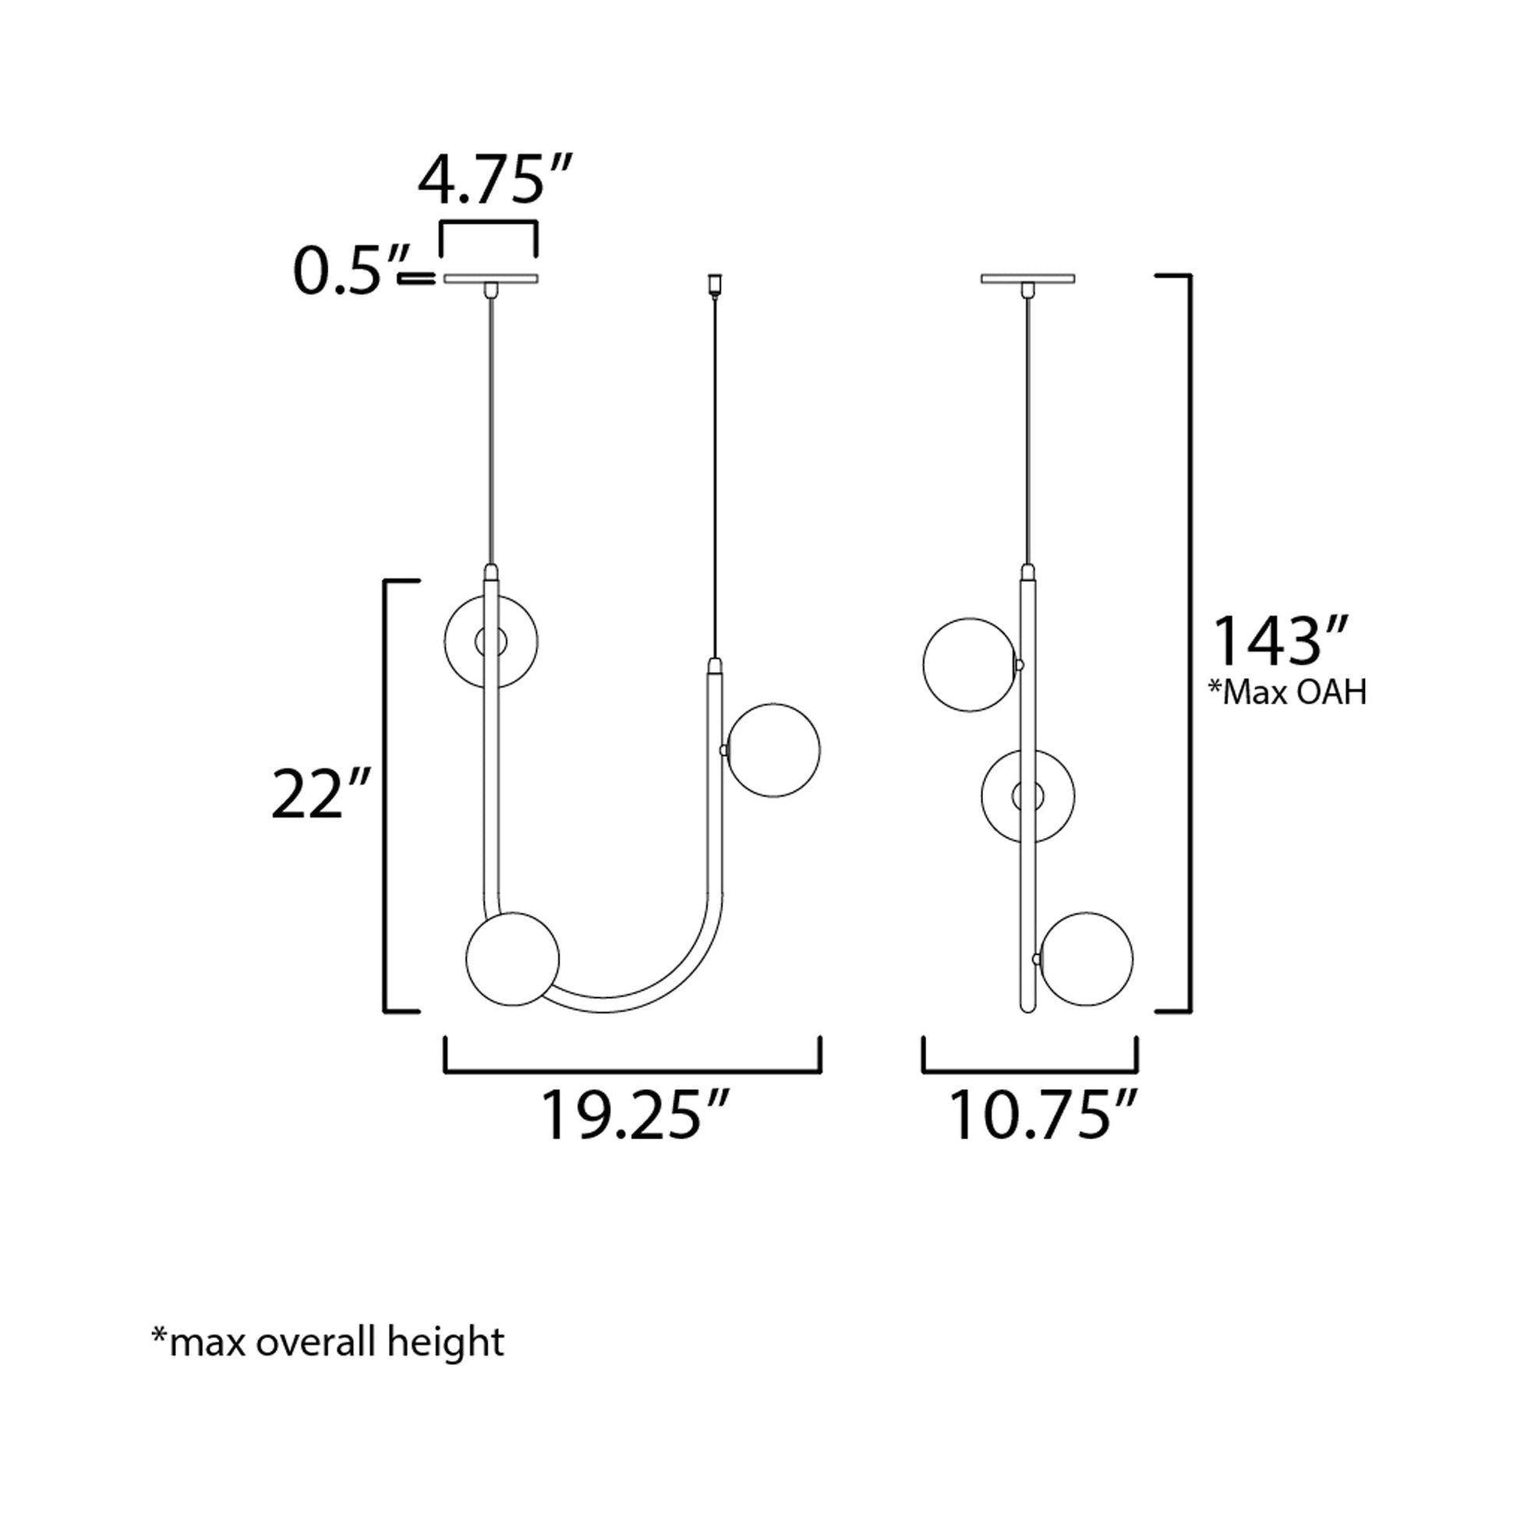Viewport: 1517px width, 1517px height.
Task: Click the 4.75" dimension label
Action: tap(496, 180)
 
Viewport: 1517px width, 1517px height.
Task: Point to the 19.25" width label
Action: tap(635, 1114)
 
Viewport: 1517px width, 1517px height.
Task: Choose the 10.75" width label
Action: tap(1044, 1114)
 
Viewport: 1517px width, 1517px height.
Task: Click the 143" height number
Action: tap(1282, 642)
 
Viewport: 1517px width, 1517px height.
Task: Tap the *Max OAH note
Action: tap(1288, 692)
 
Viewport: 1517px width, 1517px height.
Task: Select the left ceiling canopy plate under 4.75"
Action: tap(491, 278)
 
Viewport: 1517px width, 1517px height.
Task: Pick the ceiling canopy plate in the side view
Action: tap(1027, 278)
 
